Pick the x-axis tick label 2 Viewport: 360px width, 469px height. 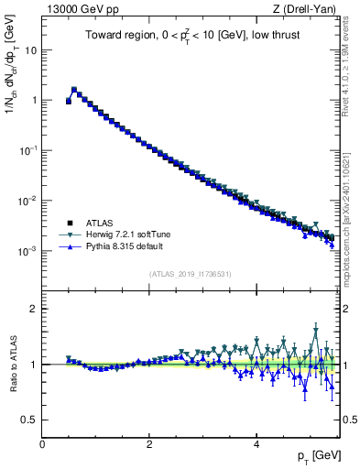[149, 444]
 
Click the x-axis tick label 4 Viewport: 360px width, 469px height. [256, 444]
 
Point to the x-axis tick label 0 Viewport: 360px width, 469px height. [42, 444]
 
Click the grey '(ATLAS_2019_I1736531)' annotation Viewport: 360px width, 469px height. [190, 274]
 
